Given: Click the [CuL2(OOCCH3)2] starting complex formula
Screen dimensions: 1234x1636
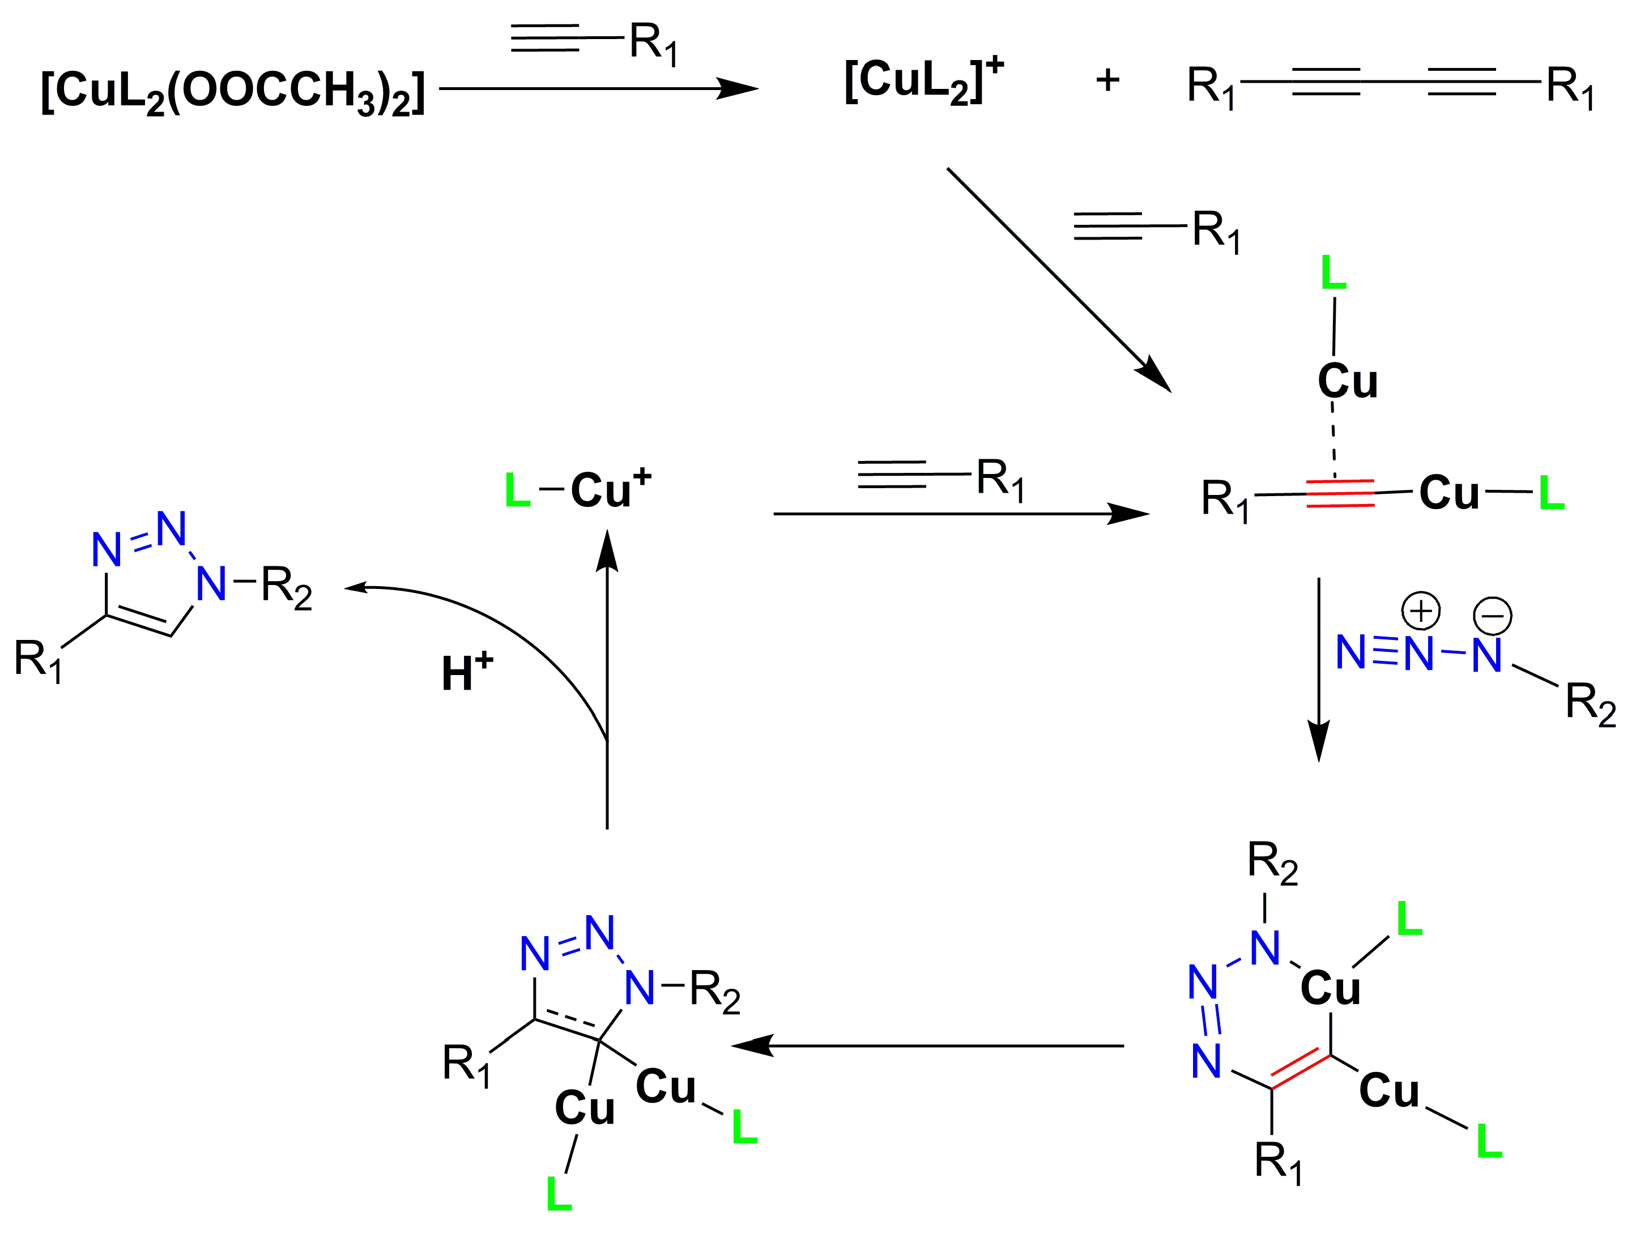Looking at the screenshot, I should pyautogui.click(x=233, y=92).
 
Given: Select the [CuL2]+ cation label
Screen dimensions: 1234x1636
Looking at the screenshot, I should pyautogui.click(x=923, y=82).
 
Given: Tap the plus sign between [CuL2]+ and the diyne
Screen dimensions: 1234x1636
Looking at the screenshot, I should pyautogui.click(x=1107, y=80).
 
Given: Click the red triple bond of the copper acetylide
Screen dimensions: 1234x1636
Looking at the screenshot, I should pyautogui.click(x=1340, y=493).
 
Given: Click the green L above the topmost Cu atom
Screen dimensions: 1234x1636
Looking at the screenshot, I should pyautogui.click(x=1333, y=273).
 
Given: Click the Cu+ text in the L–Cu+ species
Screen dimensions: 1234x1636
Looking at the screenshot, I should pyautogui.click(x=610, y=488).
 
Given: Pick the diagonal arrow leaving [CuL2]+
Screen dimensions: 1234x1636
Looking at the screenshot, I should pyautogui.click(x=1058, y=279).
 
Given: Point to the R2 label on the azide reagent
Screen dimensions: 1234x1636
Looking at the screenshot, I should pyautogui.click(x=1590, y=703).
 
